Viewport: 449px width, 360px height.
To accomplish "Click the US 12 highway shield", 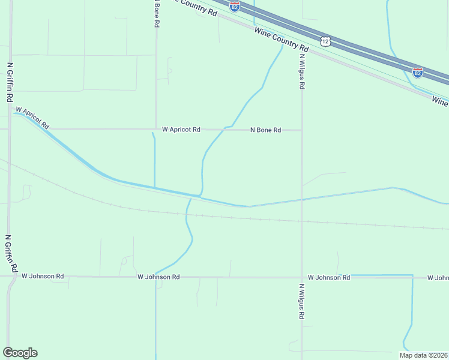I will pyautogui.click(x=325, y=41).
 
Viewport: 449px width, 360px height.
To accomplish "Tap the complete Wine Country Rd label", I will pyautogui.click(x=281, y=39).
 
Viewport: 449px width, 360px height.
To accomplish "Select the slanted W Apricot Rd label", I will pyautogui.click(x=32, y=118).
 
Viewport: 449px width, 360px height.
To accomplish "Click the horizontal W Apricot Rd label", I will pyautogui.click(x=181, y=130).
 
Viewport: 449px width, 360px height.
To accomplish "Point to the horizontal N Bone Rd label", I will pyautogui.click(x=265, y=130).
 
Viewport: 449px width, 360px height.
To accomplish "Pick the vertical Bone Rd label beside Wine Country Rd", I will pyautogui.click(x=156, y=13).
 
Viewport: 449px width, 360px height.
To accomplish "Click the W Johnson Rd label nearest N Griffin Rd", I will pyautogui.click(x=43, y=277).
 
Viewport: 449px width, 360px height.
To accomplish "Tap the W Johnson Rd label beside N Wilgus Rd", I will pyautogui.click(x=328, y=277).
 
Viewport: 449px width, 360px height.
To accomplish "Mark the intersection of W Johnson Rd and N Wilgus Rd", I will pyautogui.click(x=302, y=277).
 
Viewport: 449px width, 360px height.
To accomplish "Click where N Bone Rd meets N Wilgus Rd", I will pyautogui.click(x=302, y=130).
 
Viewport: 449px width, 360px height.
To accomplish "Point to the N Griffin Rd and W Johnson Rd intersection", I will pyautogui.click(x=10, y=277).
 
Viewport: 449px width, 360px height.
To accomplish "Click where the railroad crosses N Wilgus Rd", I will pyautogui.click(x=302, y=220).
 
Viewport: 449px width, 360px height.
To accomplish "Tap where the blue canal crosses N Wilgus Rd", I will pyautogui.click(x=302, y=200).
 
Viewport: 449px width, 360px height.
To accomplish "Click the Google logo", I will pyautogui.click(x=20, y=353).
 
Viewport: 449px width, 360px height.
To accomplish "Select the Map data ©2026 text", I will pyautogui.click(x=423, y=355).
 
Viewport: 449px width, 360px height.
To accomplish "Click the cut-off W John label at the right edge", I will pyautogui.click(x=438, y=278).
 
